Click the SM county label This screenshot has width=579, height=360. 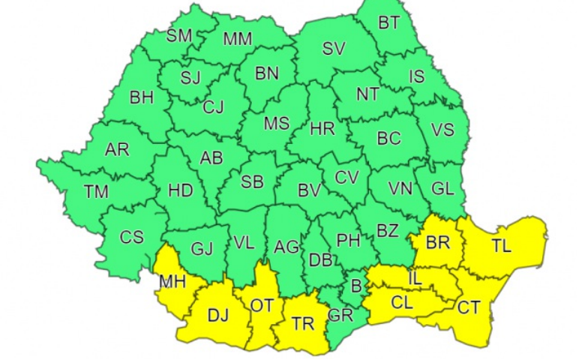[x=179, y=35]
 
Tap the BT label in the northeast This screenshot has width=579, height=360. [x=388, y=23]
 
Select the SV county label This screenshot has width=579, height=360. [x=334, y=49]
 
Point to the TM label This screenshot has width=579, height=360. [x=96, y=191]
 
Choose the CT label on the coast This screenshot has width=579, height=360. [x=469, y=307]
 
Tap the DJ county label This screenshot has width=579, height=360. [x=217, y=315]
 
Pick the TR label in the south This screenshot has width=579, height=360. [x=303, y=323]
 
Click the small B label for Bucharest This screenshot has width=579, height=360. [x=356, y=285]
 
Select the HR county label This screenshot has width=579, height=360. [x=322, y=129]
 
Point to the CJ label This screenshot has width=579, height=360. [x=213, y=107]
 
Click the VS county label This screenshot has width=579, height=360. [x=442, y=130]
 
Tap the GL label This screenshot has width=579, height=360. [x=443, y=188]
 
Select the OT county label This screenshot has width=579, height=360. [x=262, y=305]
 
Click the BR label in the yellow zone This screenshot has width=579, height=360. [x=437, y=243]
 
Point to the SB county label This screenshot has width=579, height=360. [x=252, y=181]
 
